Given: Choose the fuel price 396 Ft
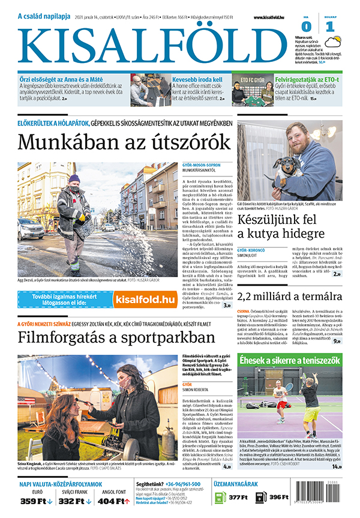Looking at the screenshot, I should (277, 496).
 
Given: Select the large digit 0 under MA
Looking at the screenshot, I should (306, 26).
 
